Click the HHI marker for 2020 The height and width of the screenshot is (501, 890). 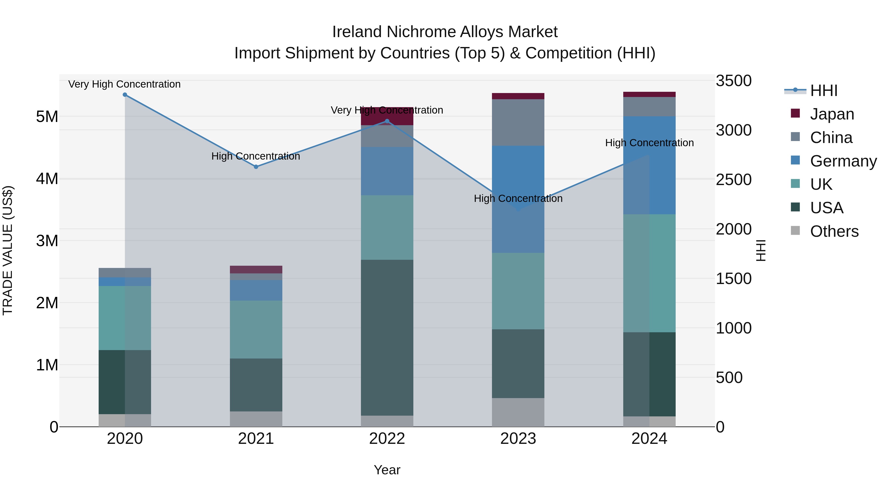tap(125, 95)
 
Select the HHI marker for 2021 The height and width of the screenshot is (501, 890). tap(256, 167)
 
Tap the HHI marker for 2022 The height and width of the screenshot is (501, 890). tap(387, 121)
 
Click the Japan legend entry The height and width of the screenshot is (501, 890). tap(832, 114)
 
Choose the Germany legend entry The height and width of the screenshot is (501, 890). tap(843, 161)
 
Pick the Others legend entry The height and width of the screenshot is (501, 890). tap(834, 231)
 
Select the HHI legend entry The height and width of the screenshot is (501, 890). tap(824, 91)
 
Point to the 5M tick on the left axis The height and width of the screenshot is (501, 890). tap(47, 117)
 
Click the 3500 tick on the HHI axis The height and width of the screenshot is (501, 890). tap(734, 81)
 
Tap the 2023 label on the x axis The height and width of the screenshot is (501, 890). tap(518, 439)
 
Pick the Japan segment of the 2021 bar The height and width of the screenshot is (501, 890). tap(256, 269)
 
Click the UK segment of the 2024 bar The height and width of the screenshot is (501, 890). tap(649, 273)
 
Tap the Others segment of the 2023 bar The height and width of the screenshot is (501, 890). tap(518, 412)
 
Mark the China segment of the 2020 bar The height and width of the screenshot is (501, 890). tap(125, 272)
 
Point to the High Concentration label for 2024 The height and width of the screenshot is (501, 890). tap(649, 143)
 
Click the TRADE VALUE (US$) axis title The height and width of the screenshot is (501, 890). tap(8, 250)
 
